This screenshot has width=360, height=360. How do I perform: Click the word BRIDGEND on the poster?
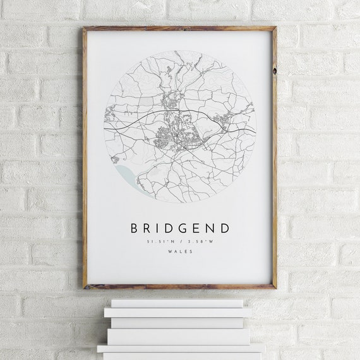[x=180, y=227]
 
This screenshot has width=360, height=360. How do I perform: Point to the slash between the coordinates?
[x=181, y=241]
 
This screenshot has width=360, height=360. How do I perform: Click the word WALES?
[x=181, y=252]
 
